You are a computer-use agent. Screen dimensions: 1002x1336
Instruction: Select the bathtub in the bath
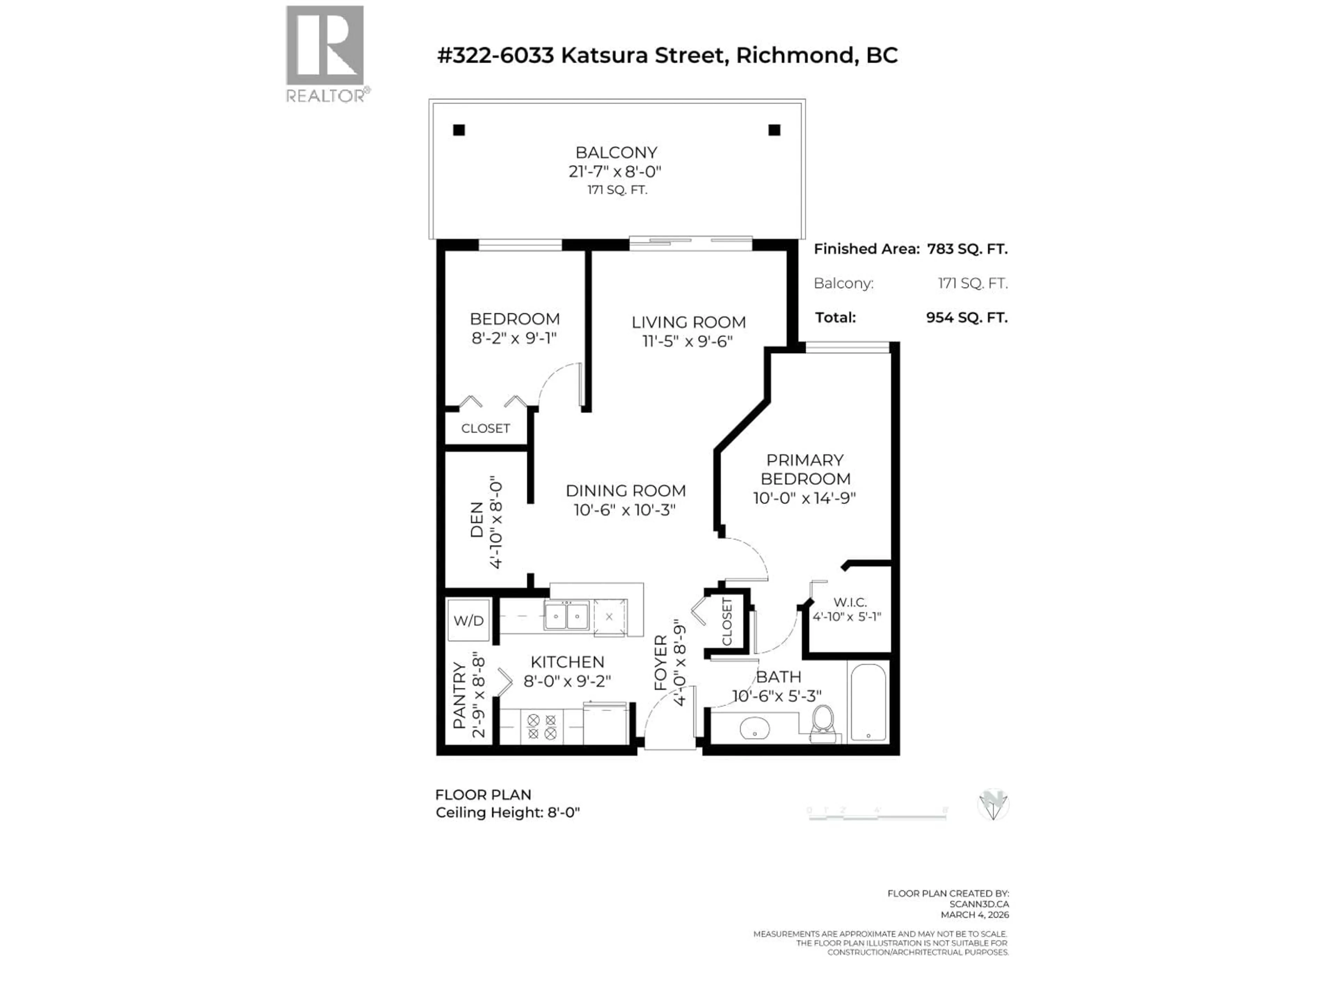tap(868, 702)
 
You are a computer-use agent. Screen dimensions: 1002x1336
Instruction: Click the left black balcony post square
tap(459, 130)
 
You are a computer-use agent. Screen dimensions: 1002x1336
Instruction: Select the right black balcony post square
tap(774, 130)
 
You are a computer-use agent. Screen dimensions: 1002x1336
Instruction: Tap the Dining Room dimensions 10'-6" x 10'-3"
tap(625, 510)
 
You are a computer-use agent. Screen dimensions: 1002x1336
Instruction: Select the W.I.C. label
tap(850, 602)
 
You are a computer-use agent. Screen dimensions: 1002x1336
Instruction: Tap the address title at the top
tap(667, 56)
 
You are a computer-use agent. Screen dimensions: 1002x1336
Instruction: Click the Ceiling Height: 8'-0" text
tap(507, 812)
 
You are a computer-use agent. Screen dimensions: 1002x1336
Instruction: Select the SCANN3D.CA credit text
tap(978, 904)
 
